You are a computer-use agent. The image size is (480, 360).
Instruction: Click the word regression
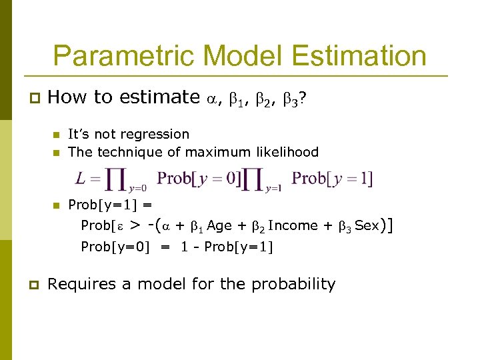point(159,135)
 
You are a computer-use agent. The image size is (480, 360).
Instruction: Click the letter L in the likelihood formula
point(81,179)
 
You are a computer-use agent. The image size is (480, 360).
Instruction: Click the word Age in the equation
point(219,226)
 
